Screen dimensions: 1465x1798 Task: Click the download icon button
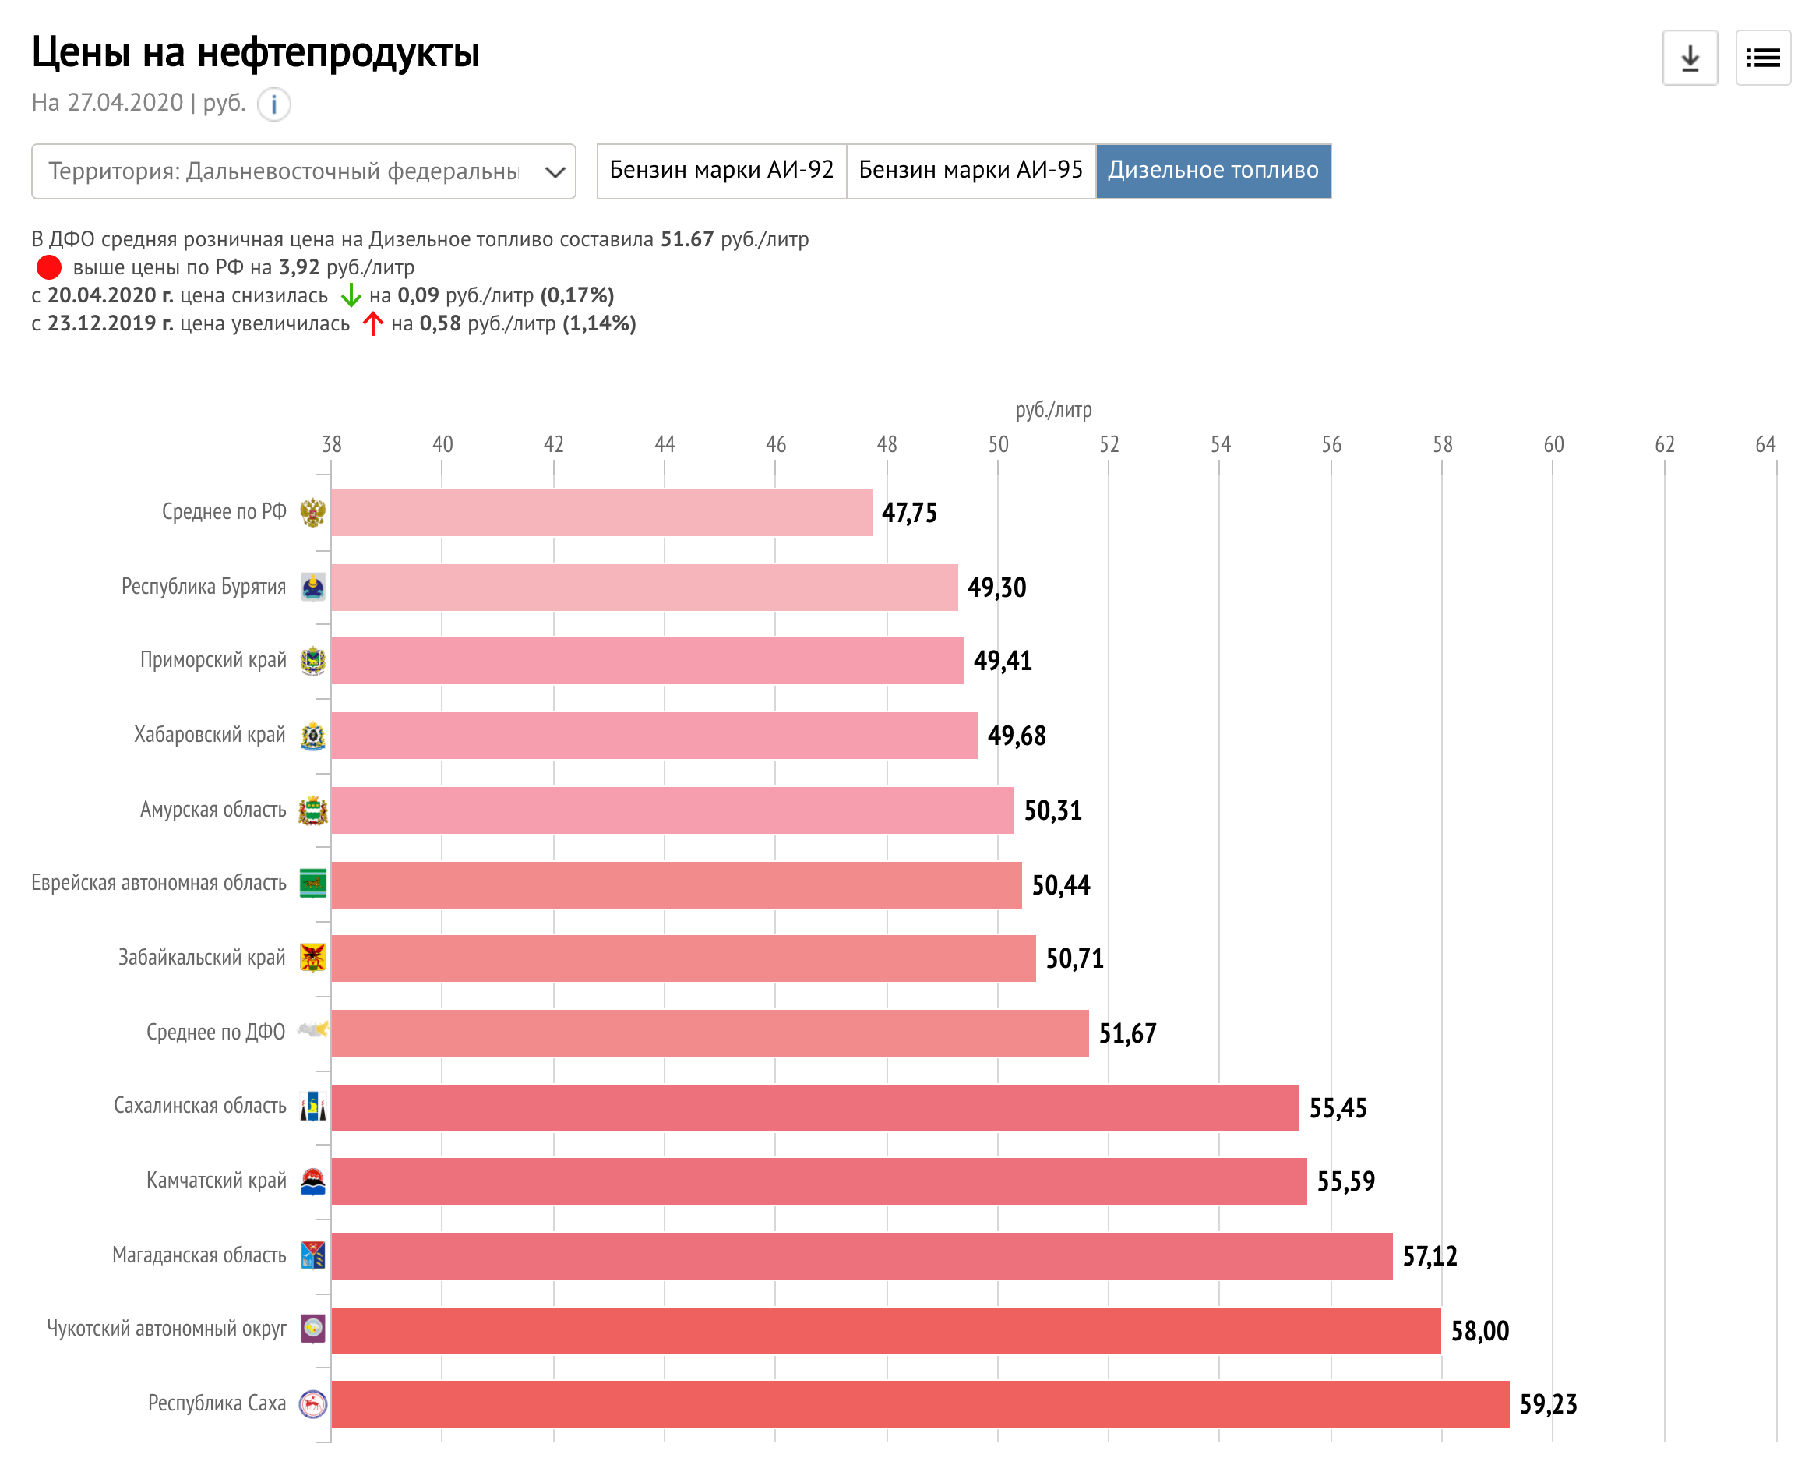1689,58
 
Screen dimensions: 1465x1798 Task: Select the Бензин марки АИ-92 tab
721,171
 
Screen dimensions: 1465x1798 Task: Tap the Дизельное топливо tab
1211,171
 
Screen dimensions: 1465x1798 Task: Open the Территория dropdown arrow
555,172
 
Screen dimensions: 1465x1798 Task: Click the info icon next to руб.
273,104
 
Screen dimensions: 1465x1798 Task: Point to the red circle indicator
49,267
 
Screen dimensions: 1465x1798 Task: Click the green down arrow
350,295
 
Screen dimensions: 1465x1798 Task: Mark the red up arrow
372,323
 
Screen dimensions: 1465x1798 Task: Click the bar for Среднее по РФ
601,512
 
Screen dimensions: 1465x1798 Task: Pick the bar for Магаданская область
861,1255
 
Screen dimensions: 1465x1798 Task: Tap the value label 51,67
1126,1033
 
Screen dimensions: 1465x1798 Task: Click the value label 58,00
1479,1330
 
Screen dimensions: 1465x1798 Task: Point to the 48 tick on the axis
886,444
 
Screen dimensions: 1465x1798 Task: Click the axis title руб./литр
1052,410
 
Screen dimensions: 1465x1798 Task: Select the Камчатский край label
216,1180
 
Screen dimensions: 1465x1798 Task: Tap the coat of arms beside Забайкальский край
313,958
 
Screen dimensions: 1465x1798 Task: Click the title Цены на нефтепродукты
255,52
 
